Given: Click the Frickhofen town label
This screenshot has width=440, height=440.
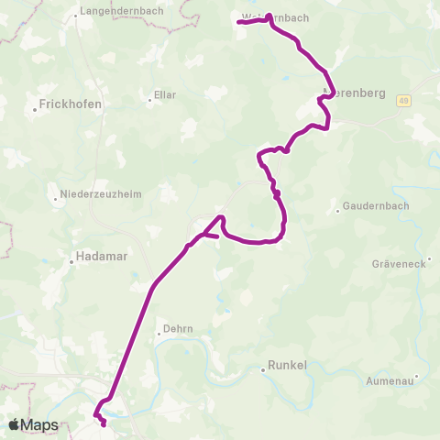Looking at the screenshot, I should point(71,104).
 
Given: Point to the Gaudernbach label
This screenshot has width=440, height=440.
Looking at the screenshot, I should point(377,206).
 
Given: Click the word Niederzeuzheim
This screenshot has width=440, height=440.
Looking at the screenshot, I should point(100,194).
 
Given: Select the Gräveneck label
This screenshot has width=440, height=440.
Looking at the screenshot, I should point(398,264).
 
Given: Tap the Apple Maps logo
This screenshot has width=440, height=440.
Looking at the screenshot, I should point(34,425).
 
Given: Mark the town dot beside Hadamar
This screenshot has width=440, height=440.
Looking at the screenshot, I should point(71,261).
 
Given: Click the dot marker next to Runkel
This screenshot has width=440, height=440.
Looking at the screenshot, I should point(263,369).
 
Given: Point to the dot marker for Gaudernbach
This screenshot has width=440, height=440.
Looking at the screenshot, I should point(338,212).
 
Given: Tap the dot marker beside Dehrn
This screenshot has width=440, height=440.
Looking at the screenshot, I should point(159,334).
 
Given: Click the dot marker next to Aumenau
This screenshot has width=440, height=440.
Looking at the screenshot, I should point(416,375).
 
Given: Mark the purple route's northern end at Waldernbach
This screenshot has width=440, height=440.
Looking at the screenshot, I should point(238,22).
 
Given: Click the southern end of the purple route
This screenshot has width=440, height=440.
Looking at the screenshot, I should point(104,424).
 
